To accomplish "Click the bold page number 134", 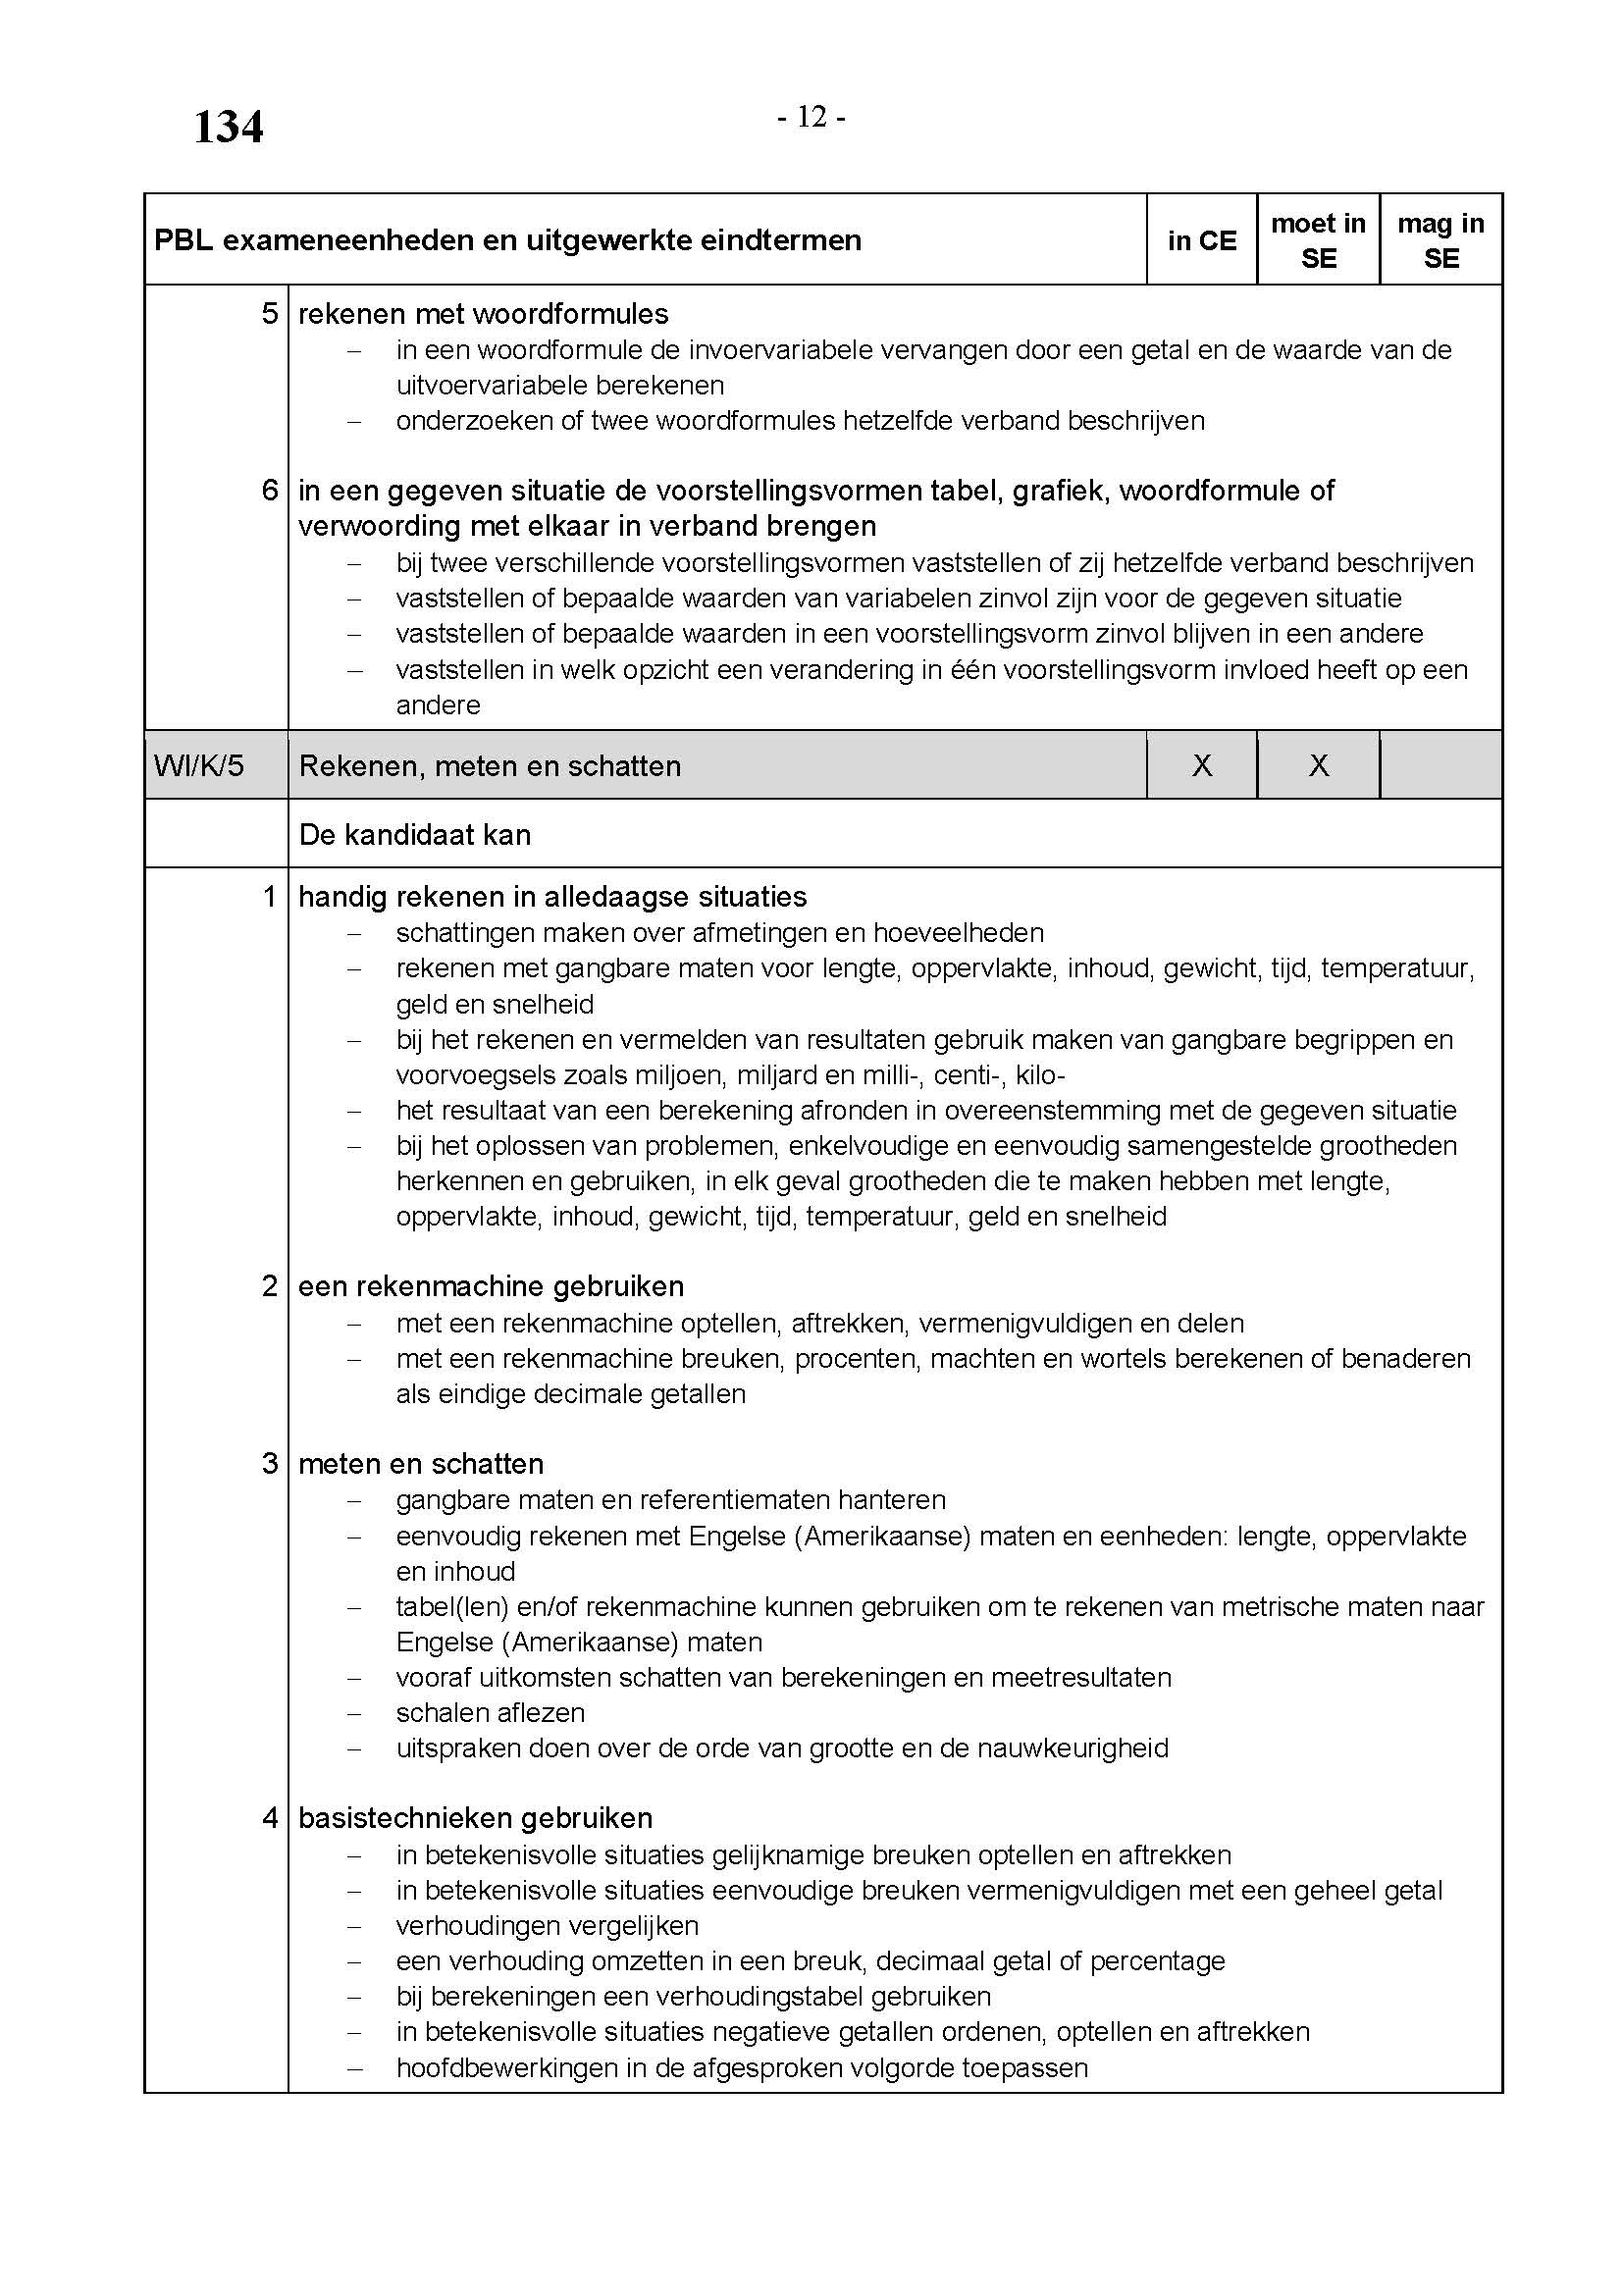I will (228, 128).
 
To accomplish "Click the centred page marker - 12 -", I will (811, 118).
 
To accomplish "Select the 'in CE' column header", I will (1201, 241).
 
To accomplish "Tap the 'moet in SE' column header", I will (1318, 241).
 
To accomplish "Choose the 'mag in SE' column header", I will (1440, 241).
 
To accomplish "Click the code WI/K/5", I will (199, 765).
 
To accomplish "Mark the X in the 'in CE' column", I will (1201, 765).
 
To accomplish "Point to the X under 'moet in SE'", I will (1318, 765).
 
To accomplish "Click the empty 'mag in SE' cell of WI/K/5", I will (1440, 765).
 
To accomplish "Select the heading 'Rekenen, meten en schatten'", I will (490, 766).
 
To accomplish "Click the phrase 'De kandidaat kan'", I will (415, 835).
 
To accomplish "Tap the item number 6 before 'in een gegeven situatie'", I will (270, 490).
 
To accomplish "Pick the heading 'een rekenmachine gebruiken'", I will (491, 1285).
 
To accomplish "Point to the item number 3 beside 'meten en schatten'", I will (270, 1463).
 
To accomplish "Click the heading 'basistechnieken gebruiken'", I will (475, 1817).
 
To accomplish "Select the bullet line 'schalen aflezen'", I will (490, 1712).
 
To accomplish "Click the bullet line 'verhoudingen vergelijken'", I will (547, 1925).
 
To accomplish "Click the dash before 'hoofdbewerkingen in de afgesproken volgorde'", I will (354, 2068).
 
